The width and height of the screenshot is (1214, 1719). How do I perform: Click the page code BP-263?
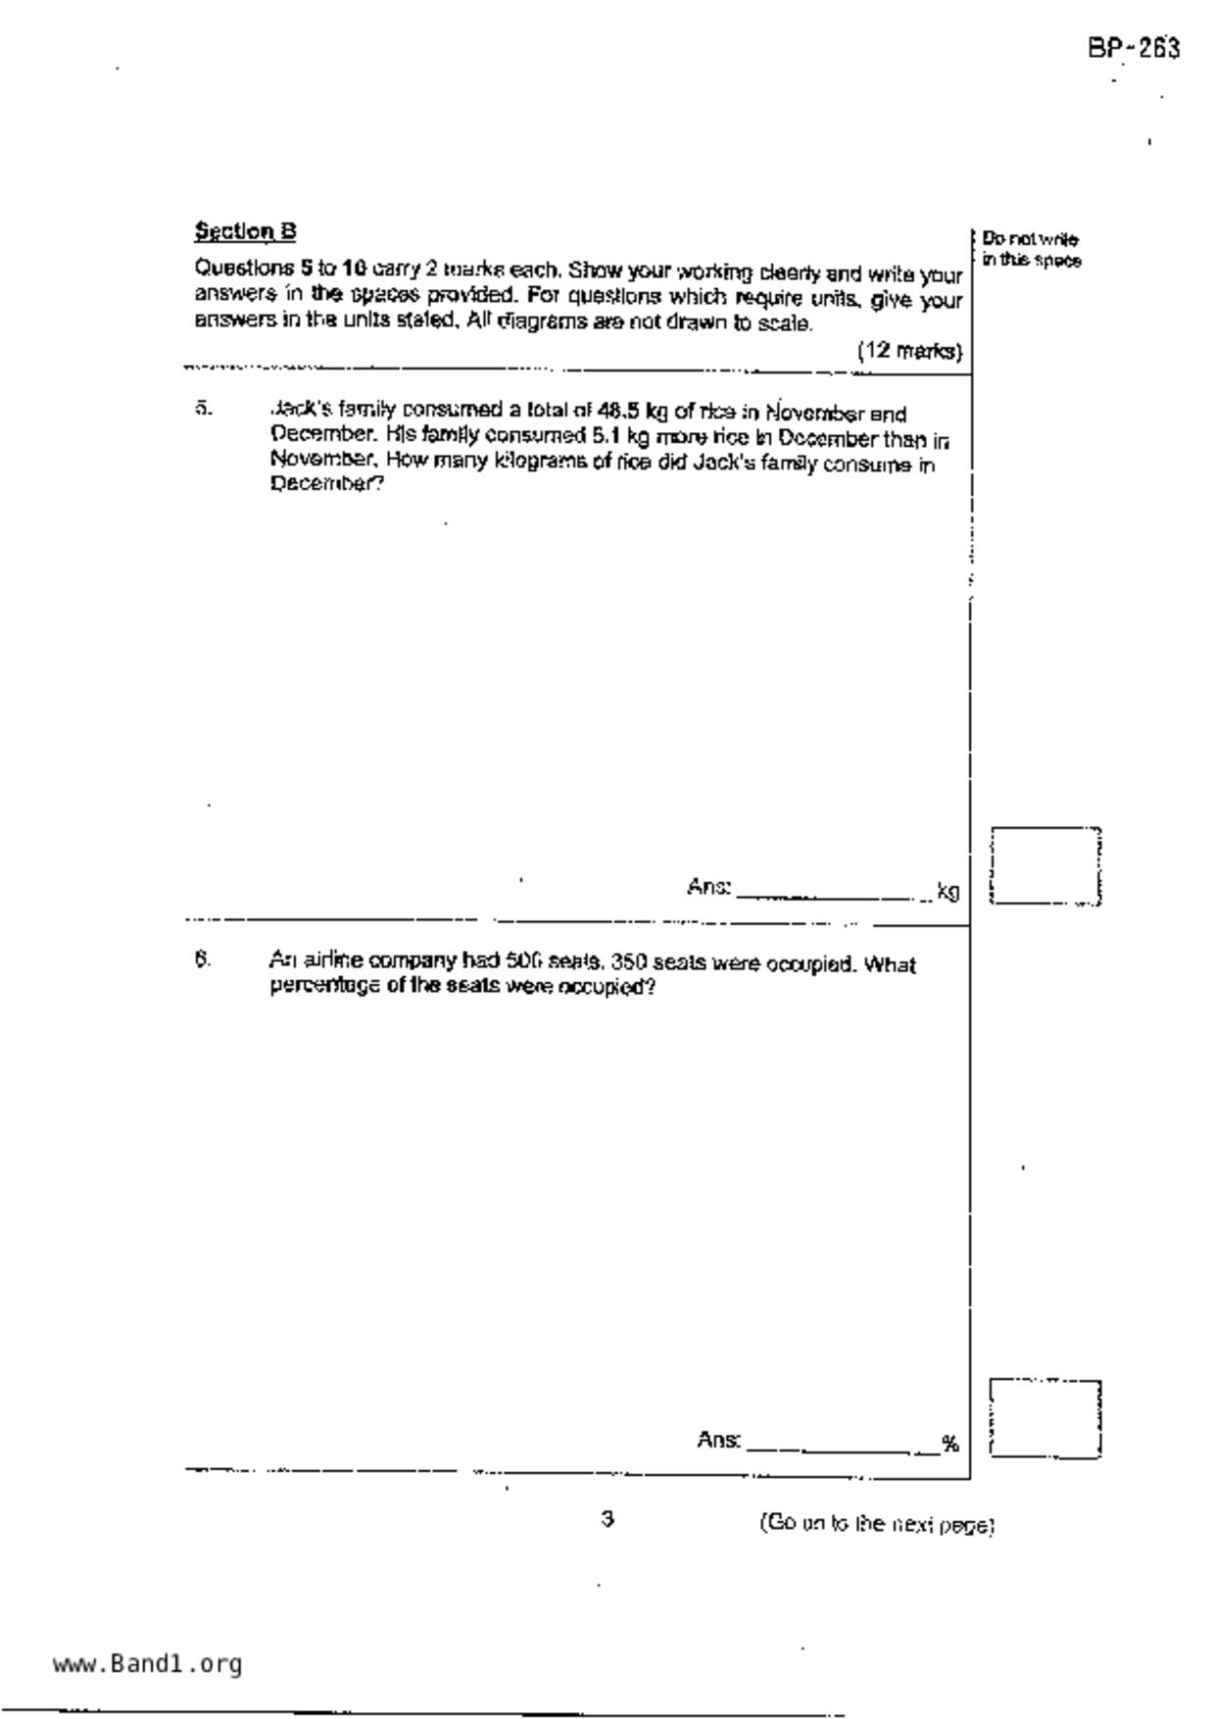pos(1133,48)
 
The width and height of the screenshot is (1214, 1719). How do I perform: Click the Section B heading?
pos(245,231)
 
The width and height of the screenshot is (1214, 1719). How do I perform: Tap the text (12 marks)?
pos(909,351)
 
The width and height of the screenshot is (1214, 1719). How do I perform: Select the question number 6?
pos(202,960)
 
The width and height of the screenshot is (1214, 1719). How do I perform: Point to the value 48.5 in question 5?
pos(617,412)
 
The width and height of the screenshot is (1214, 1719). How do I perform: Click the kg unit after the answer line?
pos(947,891)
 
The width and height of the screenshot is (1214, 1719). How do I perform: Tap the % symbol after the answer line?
pos(949,1443)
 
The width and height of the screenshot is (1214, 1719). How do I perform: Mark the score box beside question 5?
pos(1044,864)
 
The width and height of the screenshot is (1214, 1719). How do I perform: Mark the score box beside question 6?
pos(1044,1418)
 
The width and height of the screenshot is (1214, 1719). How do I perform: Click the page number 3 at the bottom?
pos(607,1519)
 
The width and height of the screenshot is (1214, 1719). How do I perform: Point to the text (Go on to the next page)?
pos(877,1524)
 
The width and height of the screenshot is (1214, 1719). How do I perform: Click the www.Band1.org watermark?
pos(147,1663)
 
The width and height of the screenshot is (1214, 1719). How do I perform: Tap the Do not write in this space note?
pos(1031,250)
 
